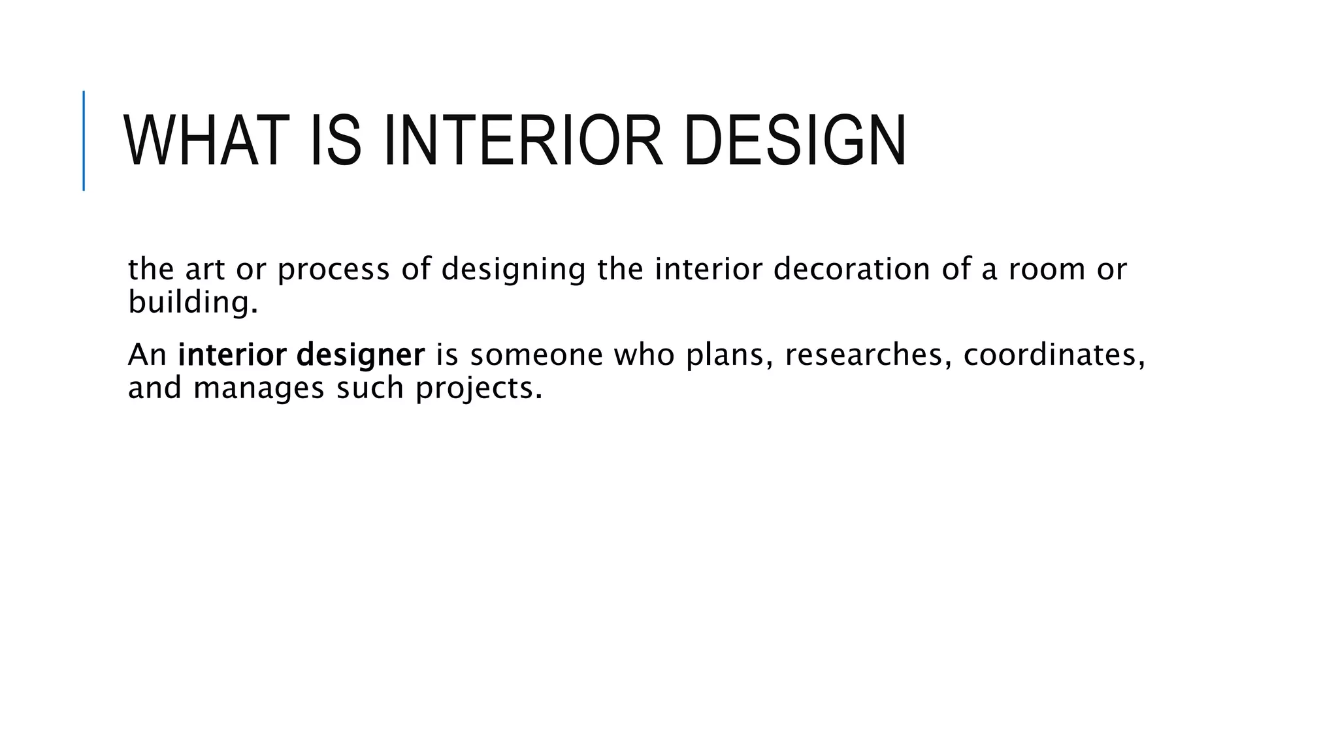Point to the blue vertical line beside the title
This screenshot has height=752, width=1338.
(84, 141)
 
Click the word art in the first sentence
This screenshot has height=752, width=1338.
(204, 270)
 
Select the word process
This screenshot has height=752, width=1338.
(333, 270)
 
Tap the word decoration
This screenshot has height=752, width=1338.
(851, 270)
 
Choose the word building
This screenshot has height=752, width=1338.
(193, 303)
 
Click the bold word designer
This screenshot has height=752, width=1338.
(360, 356)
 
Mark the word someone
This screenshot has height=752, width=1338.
(536, 355)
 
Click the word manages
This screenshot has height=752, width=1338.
(259, 389)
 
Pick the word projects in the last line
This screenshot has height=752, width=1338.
(479, 389)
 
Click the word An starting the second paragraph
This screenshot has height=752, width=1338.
(147, 355)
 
